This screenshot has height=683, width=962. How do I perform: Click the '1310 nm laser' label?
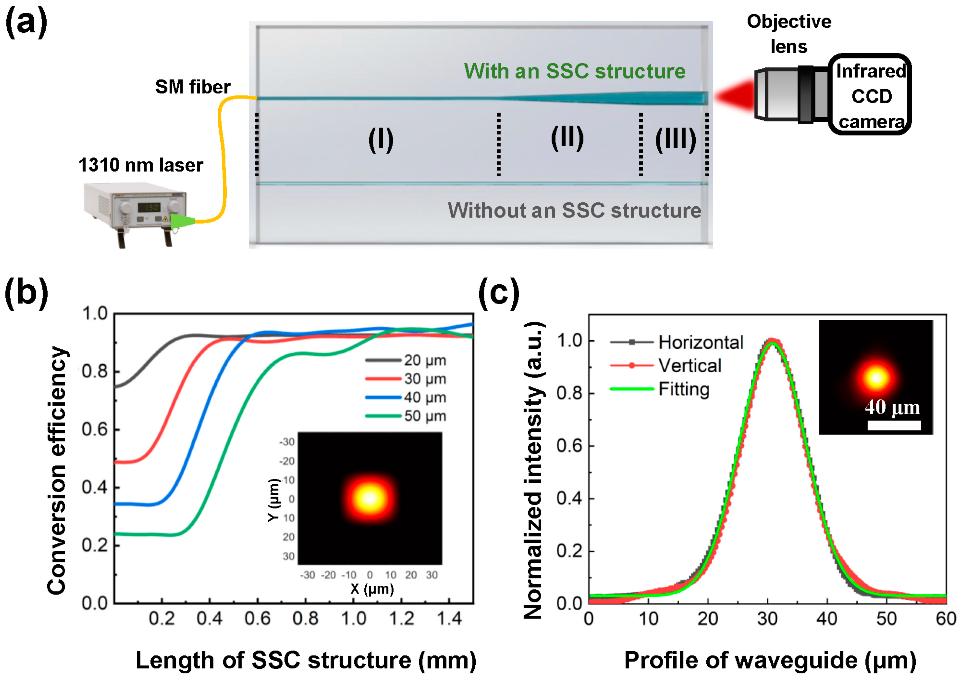pyautogui.click(x=140, y=165)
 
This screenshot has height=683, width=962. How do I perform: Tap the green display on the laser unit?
pyautogui.click(x=149, y=207)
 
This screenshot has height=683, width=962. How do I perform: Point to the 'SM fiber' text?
pyautogui.click(x=193, y=87)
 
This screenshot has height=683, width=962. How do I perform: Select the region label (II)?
pyautogui.click(x=567, y=138)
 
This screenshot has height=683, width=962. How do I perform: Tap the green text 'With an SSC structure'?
pyautogui.click(x=574, y=71)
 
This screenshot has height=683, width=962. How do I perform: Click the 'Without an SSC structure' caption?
pyautogui.click(x=574, y=210)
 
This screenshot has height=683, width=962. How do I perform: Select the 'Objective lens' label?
pyautogui.click(x=789, y=34)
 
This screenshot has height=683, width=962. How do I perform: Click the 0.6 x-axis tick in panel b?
pyautogui.click(x=257, y=619)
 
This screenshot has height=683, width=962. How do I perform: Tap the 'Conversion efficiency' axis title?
pyautogui.click(x=57, y=470)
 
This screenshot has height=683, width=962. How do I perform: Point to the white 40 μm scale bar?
pyautogui.click(x=894, y=425)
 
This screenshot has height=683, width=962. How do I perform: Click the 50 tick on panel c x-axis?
pyautogui.click(x=886, y=619)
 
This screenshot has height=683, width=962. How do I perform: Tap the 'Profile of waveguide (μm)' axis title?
pyautogui.click(x=770, y=660)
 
